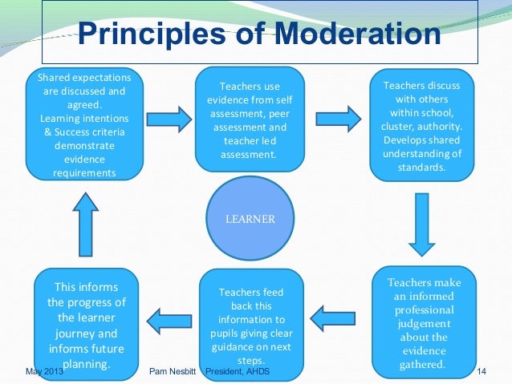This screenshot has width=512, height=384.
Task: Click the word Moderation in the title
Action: click(357, 36)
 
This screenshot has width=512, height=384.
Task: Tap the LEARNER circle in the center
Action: click(255, 218)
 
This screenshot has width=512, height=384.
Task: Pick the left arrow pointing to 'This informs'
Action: click(167, 323)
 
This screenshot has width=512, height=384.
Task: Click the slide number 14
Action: click(482, 372)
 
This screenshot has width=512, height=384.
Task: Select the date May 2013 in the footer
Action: click(44, 372)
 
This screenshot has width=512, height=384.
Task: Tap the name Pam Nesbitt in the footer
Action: click(174, 372)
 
